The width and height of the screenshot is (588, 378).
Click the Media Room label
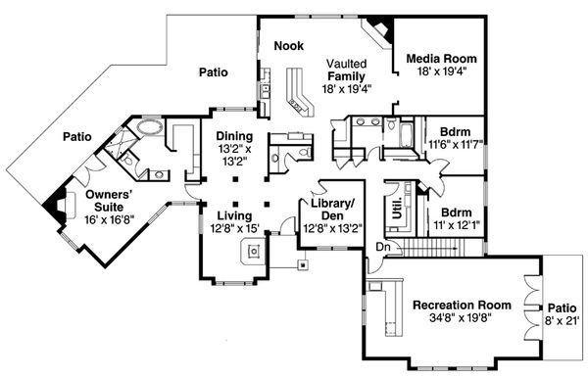[441, 59]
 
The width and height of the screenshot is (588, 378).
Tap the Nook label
[289, 46]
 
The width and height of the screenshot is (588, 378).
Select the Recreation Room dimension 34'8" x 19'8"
[461, 318]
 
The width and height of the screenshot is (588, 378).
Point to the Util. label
[397, 208]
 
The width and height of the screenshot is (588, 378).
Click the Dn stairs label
[383, 247]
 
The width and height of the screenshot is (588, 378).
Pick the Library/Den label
[332, 210]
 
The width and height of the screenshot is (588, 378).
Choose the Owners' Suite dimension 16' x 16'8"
[109, 219]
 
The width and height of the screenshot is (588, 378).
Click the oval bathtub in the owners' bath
[150, 127]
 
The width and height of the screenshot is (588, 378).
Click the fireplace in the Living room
[254, 251]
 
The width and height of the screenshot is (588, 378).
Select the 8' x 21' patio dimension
[563, 320]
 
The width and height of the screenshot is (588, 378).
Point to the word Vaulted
[346, 64]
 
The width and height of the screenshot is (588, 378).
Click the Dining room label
[234, 136]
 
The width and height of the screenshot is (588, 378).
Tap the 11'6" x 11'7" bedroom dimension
[456, 144]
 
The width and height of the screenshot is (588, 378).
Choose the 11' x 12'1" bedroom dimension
[457, 225]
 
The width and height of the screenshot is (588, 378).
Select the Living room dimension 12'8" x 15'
[235, 228]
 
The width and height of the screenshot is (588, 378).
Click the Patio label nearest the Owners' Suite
[76, 137]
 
